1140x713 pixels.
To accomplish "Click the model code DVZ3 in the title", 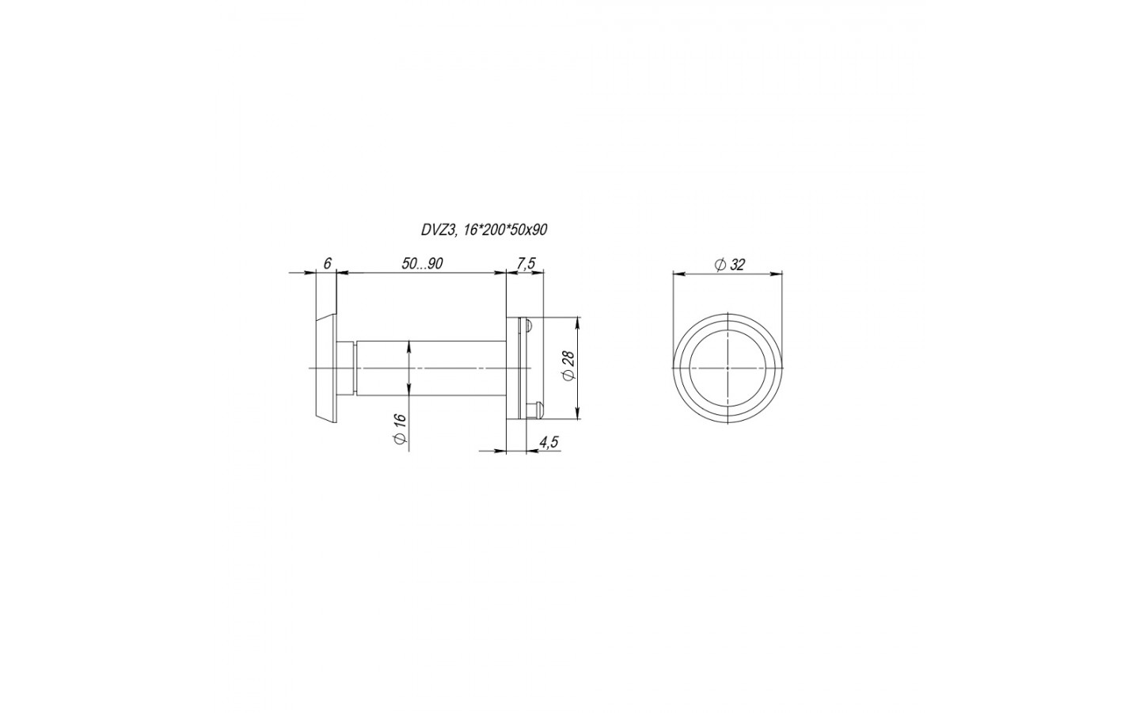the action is click(437, 231).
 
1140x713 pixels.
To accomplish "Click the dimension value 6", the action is click(327, 263).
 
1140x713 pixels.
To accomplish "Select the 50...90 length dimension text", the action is click(422, 263).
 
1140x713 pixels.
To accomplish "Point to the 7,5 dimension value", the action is click(526, 263).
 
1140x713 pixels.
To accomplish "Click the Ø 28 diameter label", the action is click(568, 366).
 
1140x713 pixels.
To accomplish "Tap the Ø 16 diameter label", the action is click(400, 429).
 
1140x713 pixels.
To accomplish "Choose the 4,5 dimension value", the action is click(549, 442).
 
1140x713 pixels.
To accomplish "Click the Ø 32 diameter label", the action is click(730, 265).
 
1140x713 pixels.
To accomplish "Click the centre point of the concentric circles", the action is click(728, 368).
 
